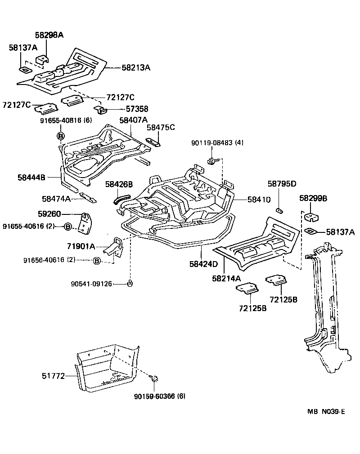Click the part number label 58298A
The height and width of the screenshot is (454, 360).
coord(49,35)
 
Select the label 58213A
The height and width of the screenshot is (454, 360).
coord(136,67)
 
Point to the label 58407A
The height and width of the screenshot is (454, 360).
coord(133,120)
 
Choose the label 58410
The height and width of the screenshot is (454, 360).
coord(258,199)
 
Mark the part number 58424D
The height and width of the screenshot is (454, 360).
coord(203,263)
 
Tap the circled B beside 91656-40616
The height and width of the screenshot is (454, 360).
coord(96,260)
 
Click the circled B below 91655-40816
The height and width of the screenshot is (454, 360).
coord(61,135)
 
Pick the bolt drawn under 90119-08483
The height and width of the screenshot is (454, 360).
coord(211,161)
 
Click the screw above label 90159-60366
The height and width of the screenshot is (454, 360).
coord(155,380)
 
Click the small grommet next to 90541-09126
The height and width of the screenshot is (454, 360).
coord(130,283)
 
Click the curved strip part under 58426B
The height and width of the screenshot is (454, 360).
coord(121,196)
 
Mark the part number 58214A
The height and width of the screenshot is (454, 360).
coord(226,279)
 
